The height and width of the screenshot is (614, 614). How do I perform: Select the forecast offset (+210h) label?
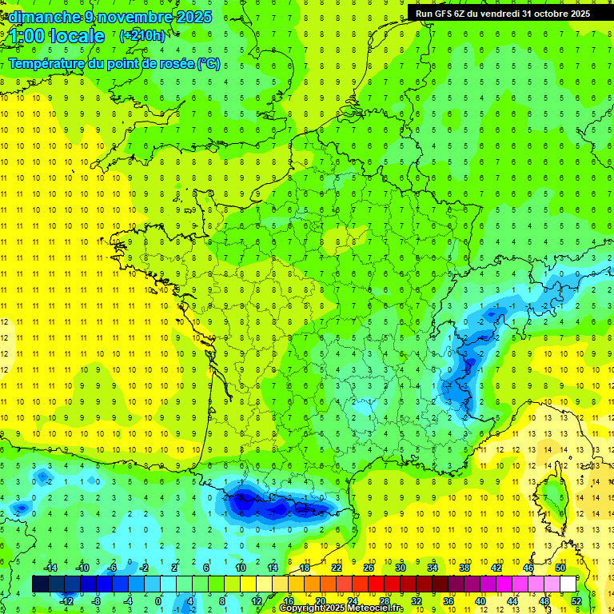pos(142,35)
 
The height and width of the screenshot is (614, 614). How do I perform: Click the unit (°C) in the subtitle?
pos(209,63)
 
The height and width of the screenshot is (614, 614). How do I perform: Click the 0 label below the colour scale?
pos(157,600)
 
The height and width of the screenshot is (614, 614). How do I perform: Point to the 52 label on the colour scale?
pos(576,600)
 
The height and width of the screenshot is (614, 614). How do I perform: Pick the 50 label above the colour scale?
pos(560,568)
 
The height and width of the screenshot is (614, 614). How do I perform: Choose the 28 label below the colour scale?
pos(385,600)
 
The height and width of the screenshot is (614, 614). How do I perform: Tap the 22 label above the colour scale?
pos(337,568)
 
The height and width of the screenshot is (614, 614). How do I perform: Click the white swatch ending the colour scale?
pos(568,584)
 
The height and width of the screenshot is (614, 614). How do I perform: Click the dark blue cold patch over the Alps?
pos(460,372)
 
